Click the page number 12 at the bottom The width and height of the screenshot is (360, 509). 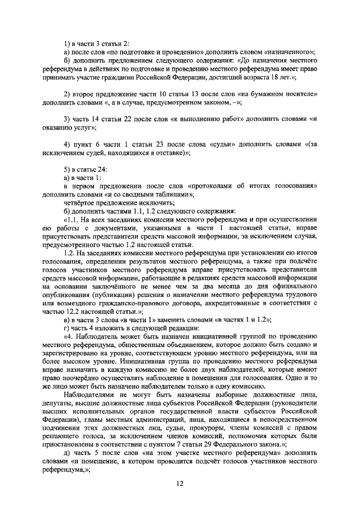pyautogui.click(x=180, y=483)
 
